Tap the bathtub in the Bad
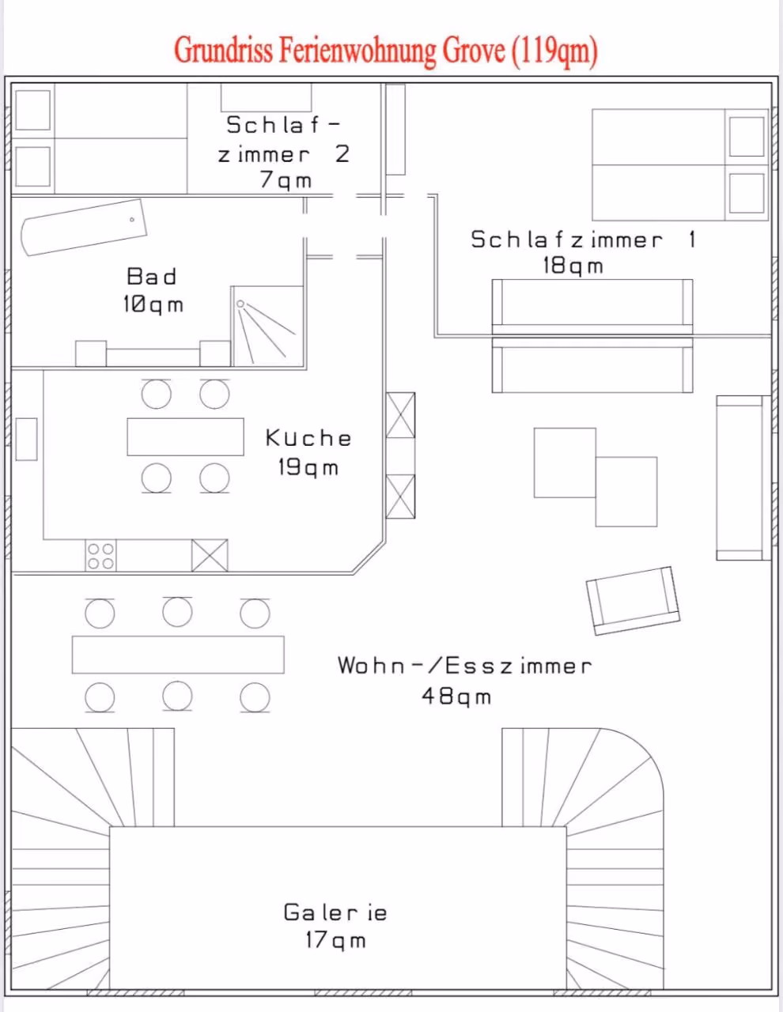tap(84, 227)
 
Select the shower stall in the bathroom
tap(268, 326)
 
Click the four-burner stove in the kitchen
tap(100, 556)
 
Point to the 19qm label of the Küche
tap(308, 467)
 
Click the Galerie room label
tap(335, 912)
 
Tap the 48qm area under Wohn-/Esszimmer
tap(456, 697)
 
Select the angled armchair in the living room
tap(633, 600)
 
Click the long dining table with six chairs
tap(178, 655)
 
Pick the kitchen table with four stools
tap(185, 437)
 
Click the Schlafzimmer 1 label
tap(583, 240)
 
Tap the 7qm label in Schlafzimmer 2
tap(286, 180)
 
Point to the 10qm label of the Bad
tap(153, 304)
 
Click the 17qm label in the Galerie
tap(335, 940)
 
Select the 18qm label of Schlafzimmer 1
tap(573, 266)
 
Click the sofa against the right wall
tap(743, 478)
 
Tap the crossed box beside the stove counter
tap(210, 556)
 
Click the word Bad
tap(152, 277)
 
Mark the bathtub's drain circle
tap(132, 219)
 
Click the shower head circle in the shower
tap(240, 304)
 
